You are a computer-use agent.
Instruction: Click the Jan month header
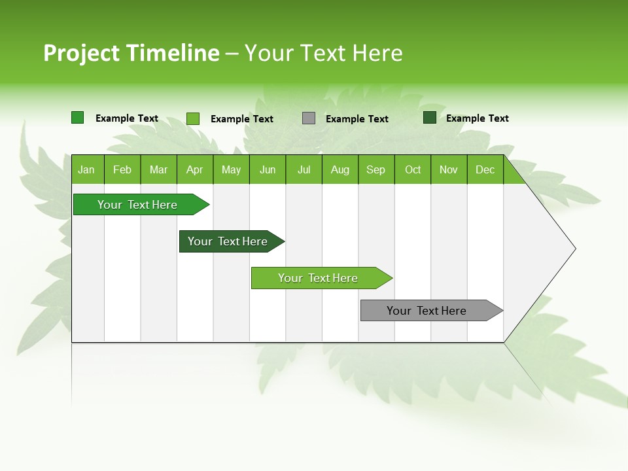(x=86, y=170)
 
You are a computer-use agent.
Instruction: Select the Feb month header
(x=122, y=170)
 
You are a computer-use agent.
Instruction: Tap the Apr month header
(x=194, y=170)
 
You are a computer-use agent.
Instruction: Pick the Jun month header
(x=268, y=170)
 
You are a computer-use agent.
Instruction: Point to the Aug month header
(x=340, y=170)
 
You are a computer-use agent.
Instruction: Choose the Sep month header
(x=375, y=170)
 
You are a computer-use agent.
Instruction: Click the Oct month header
(x=413, y=170)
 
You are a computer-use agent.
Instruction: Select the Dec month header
(x=485, y=170)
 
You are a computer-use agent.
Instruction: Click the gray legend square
(x=309, y=118)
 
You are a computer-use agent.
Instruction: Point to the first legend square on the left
(x=77, y=118)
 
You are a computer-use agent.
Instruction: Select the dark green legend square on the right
(x=429, y=118)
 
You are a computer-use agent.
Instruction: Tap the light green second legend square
(x=193, y=118)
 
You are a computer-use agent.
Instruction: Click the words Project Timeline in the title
(x=131, y=53)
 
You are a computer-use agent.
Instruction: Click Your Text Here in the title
(x=323, y=53)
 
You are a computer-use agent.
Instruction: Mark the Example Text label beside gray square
(x=357, y=119)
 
